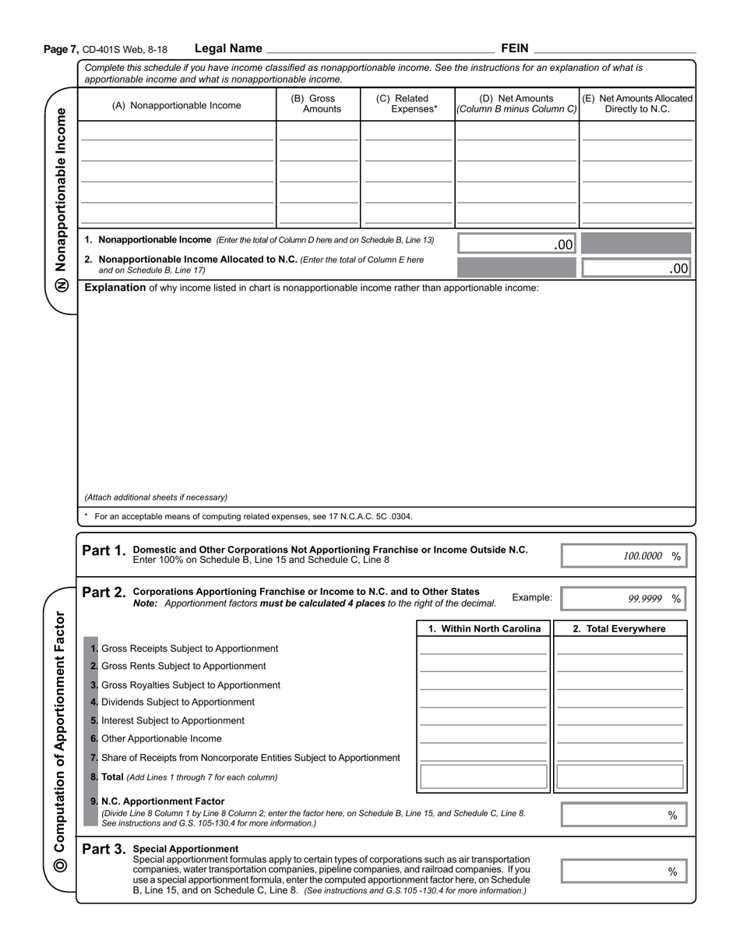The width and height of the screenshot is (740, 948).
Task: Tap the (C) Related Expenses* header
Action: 407,104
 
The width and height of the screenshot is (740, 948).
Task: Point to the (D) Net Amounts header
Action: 516,104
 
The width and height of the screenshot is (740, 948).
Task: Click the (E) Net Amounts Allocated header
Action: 637,104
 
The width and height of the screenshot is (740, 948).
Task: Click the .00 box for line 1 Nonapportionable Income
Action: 516,244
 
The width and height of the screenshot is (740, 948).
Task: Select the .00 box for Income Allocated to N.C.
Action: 636,268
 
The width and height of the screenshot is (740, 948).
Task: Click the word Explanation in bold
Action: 115,288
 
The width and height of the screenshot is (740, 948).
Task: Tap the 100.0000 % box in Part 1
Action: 624,556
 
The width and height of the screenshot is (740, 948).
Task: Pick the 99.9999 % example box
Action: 624,599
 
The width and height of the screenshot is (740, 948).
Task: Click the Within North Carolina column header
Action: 484,629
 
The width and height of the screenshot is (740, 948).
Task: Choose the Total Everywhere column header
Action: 620,629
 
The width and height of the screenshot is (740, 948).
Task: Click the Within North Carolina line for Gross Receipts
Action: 483,649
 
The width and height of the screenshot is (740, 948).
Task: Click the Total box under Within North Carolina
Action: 483,777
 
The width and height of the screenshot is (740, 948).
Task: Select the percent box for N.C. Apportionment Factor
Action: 624,815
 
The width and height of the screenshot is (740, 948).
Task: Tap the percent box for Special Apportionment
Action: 624,872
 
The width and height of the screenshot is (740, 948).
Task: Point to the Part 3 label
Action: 104,849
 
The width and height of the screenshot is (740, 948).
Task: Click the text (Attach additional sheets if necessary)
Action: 156,497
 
